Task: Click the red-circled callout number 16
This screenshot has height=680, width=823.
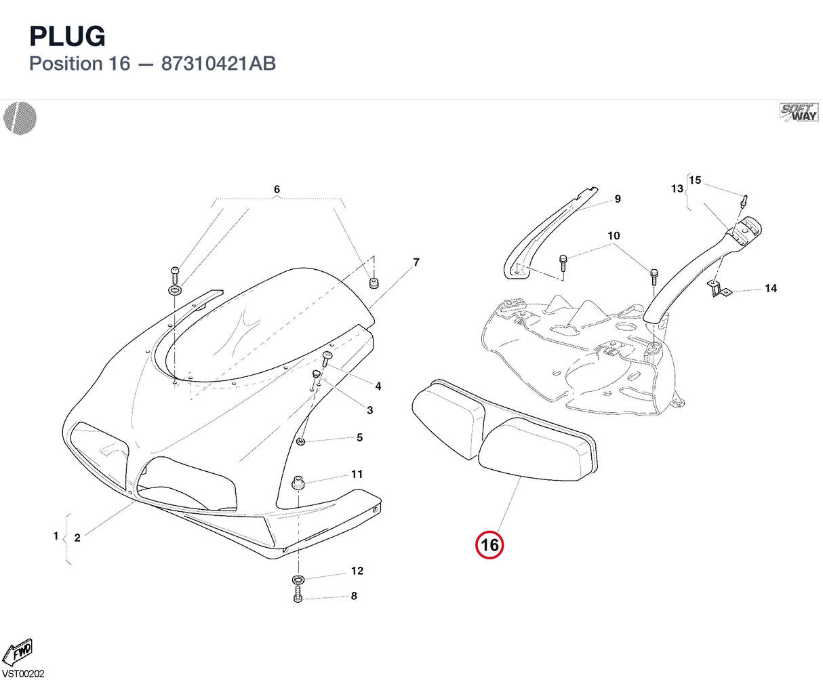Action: coord(489,545)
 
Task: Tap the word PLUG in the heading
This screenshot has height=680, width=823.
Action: coord(67,37)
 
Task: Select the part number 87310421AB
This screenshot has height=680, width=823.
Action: coord(218,64)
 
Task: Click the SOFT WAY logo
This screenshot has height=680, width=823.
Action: coord(799,113)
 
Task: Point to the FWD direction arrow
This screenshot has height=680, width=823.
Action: coord(18,652)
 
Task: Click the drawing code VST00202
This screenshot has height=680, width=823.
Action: coord(23,674)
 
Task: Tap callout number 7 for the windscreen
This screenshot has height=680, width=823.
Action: coord(416,262)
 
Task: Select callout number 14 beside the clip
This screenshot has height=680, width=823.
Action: coord(771,289)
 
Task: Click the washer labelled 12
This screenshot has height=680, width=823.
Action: coord(298,580)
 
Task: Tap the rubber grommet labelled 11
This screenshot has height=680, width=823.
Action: coord(298,483)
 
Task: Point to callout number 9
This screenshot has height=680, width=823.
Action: coord(618,199)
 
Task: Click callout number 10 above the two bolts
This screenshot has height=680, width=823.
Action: coord(614,236)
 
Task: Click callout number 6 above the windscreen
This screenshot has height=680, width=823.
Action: coord(277,190)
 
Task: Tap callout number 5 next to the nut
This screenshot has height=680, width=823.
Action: coord(359,437)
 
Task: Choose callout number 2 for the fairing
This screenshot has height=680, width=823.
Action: coord(77,538)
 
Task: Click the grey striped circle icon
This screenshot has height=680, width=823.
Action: coord(20,118)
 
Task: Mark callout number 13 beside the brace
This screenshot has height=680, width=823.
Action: coord(677,189)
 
